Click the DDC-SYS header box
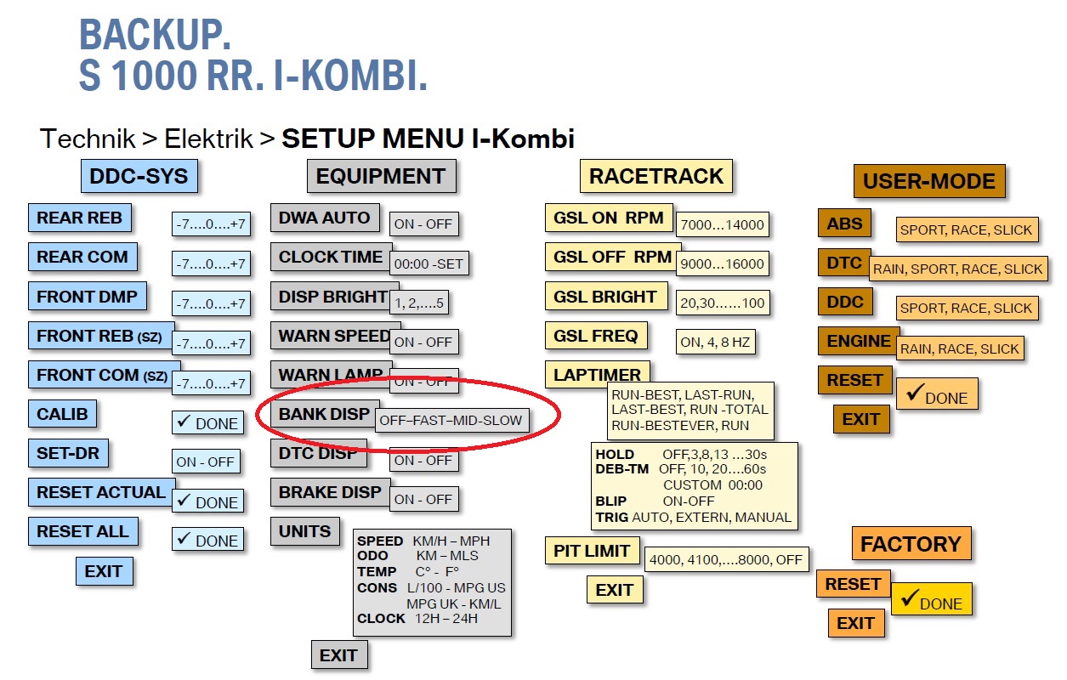pos(139,177)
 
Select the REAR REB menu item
pos(80,218)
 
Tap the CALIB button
pos(62,414)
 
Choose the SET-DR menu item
pos(68,453)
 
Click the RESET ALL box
pos(82,532)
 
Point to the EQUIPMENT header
pos(381,177)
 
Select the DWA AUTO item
pos(325,218)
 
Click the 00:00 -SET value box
pos(429,263)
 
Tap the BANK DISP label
pos(323,415)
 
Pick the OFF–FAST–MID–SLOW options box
pos(451,420)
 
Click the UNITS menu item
pos(305,532)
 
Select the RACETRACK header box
pos(656,177)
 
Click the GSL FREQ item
pos(595,336)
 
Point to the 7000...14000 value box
pos(723,225)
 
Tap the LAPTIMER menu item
pos(597,375)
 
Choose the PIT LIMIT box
pos(592,551)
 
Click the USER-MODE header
pos(928,181)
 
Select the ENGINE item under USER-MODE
pos(859,341)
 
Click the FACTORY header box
pos(911,544)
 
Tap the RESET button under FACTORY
pos(853,584)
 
